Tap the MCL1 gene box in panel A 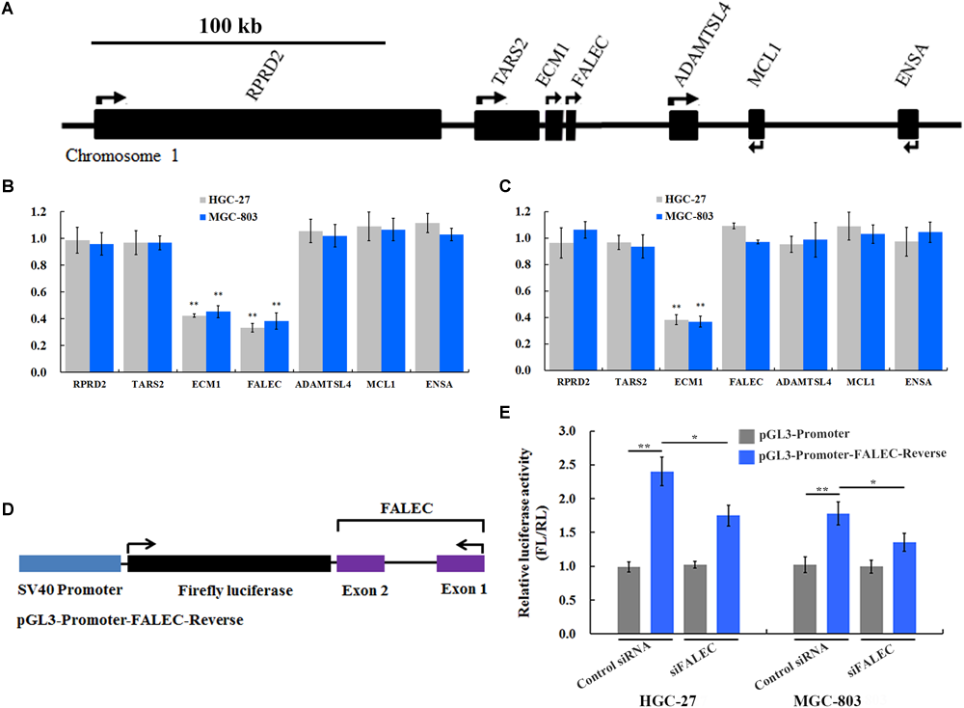click(x=757, y=124)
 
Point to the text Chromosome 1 click(x=122, y=154)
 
